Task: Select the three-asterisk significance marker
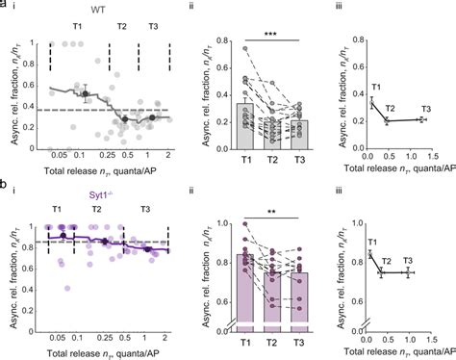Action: tap(271, 33)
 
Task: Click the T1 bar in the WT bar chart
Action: tap(245, 125)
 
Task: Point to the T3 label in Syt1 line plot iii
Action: tap(408, 261)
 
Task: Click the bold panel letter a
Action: tap(6, 6)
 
